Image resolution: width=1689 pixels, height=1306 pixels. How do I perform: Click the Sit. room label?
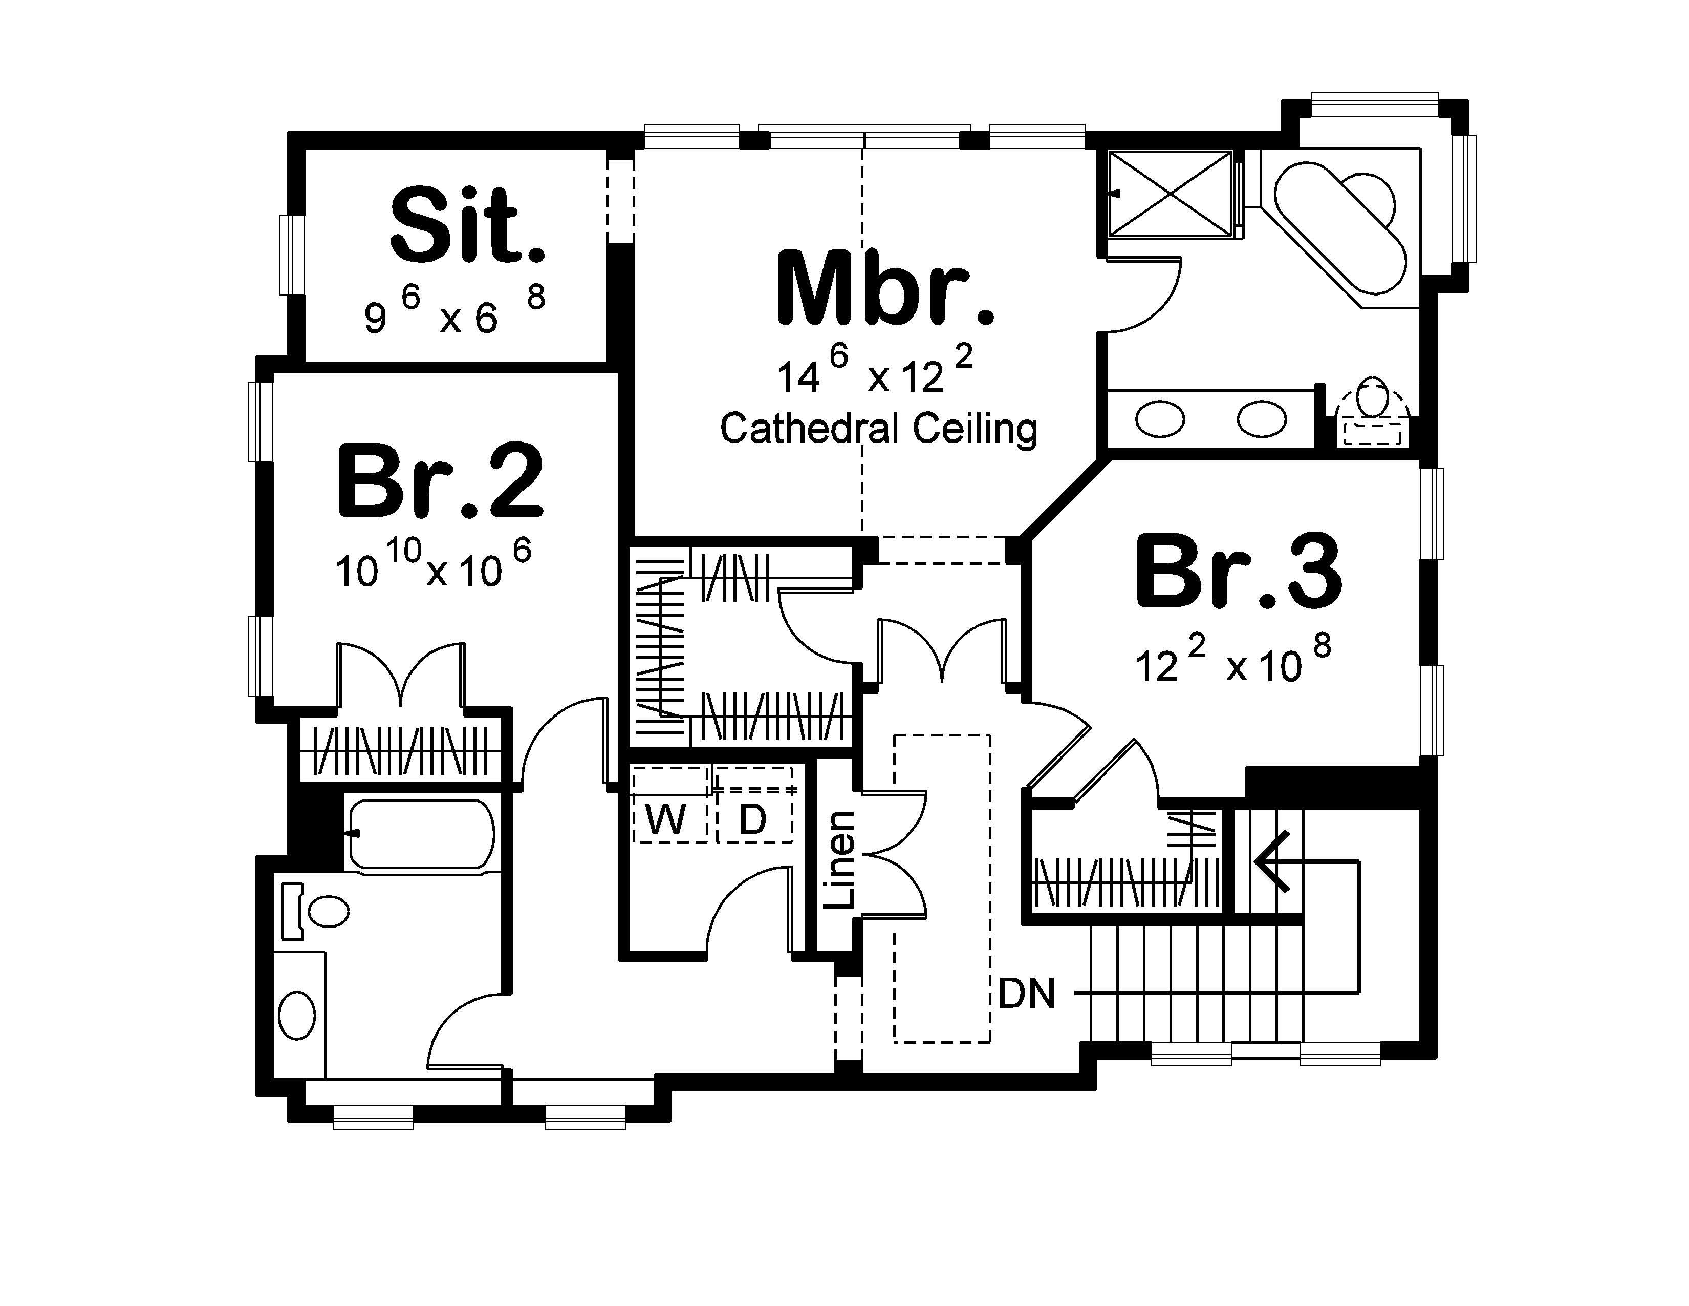click(x=467, y=225)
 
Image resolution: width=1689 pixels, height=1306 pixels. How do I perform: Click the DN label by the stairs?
click(x=1026, y=994)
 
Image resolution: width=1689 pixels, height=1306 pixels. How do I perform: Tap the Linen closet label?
click(x=839, y=859)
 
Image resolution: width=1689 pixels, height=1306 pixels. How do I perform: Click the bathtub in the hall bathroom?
click(x=421, y=834)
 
